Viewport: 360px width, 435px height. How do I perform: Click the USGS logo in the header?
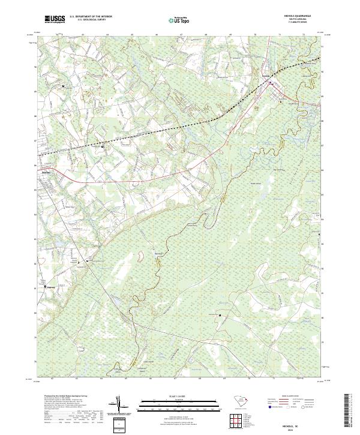(55, 20)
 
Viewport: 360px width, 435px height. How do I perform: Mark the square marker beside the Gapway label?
(46, 287)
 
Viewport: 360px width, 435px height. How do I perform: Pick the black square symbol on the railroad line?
(103, 146)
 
